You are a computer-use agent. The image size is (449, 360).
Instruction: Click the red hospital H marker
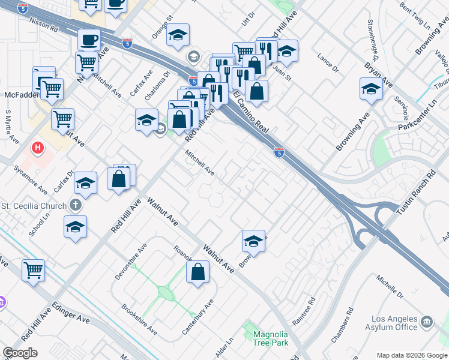pyautogui.click(x=38, y=147)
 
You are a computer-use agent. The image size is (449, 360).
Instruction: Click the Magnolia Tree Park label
pyautogui.click(x=271, y=338)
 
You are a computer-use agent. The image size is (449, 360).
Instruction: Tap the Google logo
pyautogui.click(x=20, y=353)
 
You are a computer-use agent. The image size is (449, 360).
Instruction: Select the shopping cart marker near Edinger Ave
pyautogui.click(x=33, y=269)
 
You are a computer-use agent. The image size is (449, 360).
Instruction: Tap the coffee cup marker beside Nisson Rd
pyautogui.click(x=89, y=40)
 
